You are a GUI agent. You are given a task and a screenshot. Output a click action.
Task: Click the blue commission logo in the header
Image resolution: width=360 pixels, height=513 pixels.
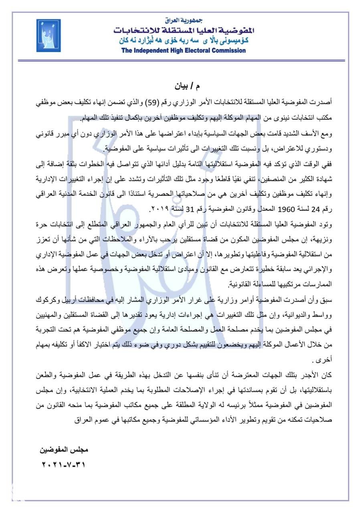[49, 35]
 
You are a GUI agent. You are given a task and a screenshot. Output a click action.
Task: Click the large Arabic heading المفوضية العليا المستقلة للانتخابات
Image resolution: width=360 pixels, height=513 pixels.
[184, 30]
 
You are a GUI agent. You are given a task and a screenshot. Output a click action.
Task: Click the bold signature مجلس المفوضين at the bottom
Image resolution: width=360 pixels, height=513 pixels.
[64, 449]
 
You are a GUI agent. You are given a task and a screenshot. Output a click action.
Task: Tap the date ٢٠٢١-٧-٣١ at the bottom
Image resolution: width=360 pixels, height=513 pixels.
[63, 465]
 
